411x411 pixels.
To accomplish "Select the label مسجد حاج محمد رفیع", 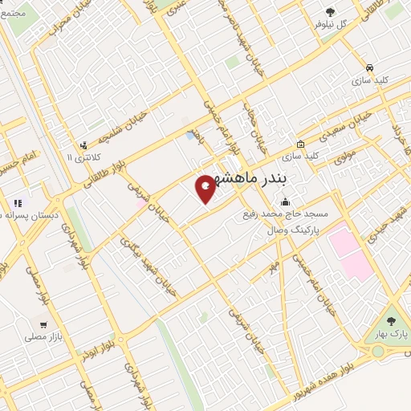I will [283, 214].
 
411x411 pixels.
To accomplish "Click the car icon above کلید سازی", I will [368, 68].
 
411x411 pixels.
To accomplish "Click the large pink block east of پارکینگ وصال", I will [349, 250].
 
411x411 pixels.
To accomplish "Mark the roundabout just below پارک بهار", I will [378, 351].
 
